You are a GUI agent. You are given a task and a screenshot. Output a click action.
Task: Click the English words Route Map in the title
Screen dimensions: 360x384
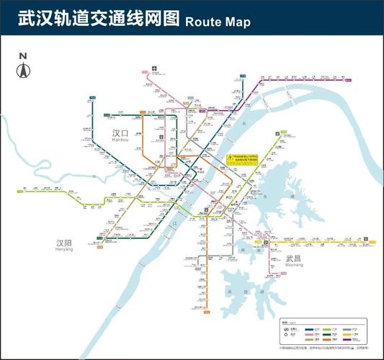click(218, 22)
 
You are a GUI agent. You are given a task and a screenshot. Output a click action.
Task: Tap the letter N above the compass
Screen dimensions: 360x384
click(23, 55)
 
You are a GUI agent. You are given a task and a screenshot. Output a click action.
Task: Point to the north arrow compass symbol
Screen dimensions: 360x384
click(23, 70)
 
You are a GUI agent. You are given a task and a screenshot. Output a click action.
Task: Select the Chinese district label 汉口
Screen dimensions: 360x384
click(121, 134)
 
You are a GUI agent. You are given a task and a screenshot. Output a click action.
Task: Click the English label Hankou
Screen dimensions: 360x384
click(121, 143)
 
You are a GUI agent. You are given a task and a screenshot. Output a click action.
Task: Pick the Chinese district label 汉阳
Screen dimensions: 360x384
click(66, 243)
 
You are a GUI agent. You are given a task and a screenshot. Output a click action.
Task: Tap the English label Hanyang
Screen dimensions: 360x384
click(66, 252)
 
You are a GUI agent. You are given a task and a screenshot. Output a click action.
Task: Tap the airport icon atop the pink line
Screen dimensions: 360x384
click(154, 70)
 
